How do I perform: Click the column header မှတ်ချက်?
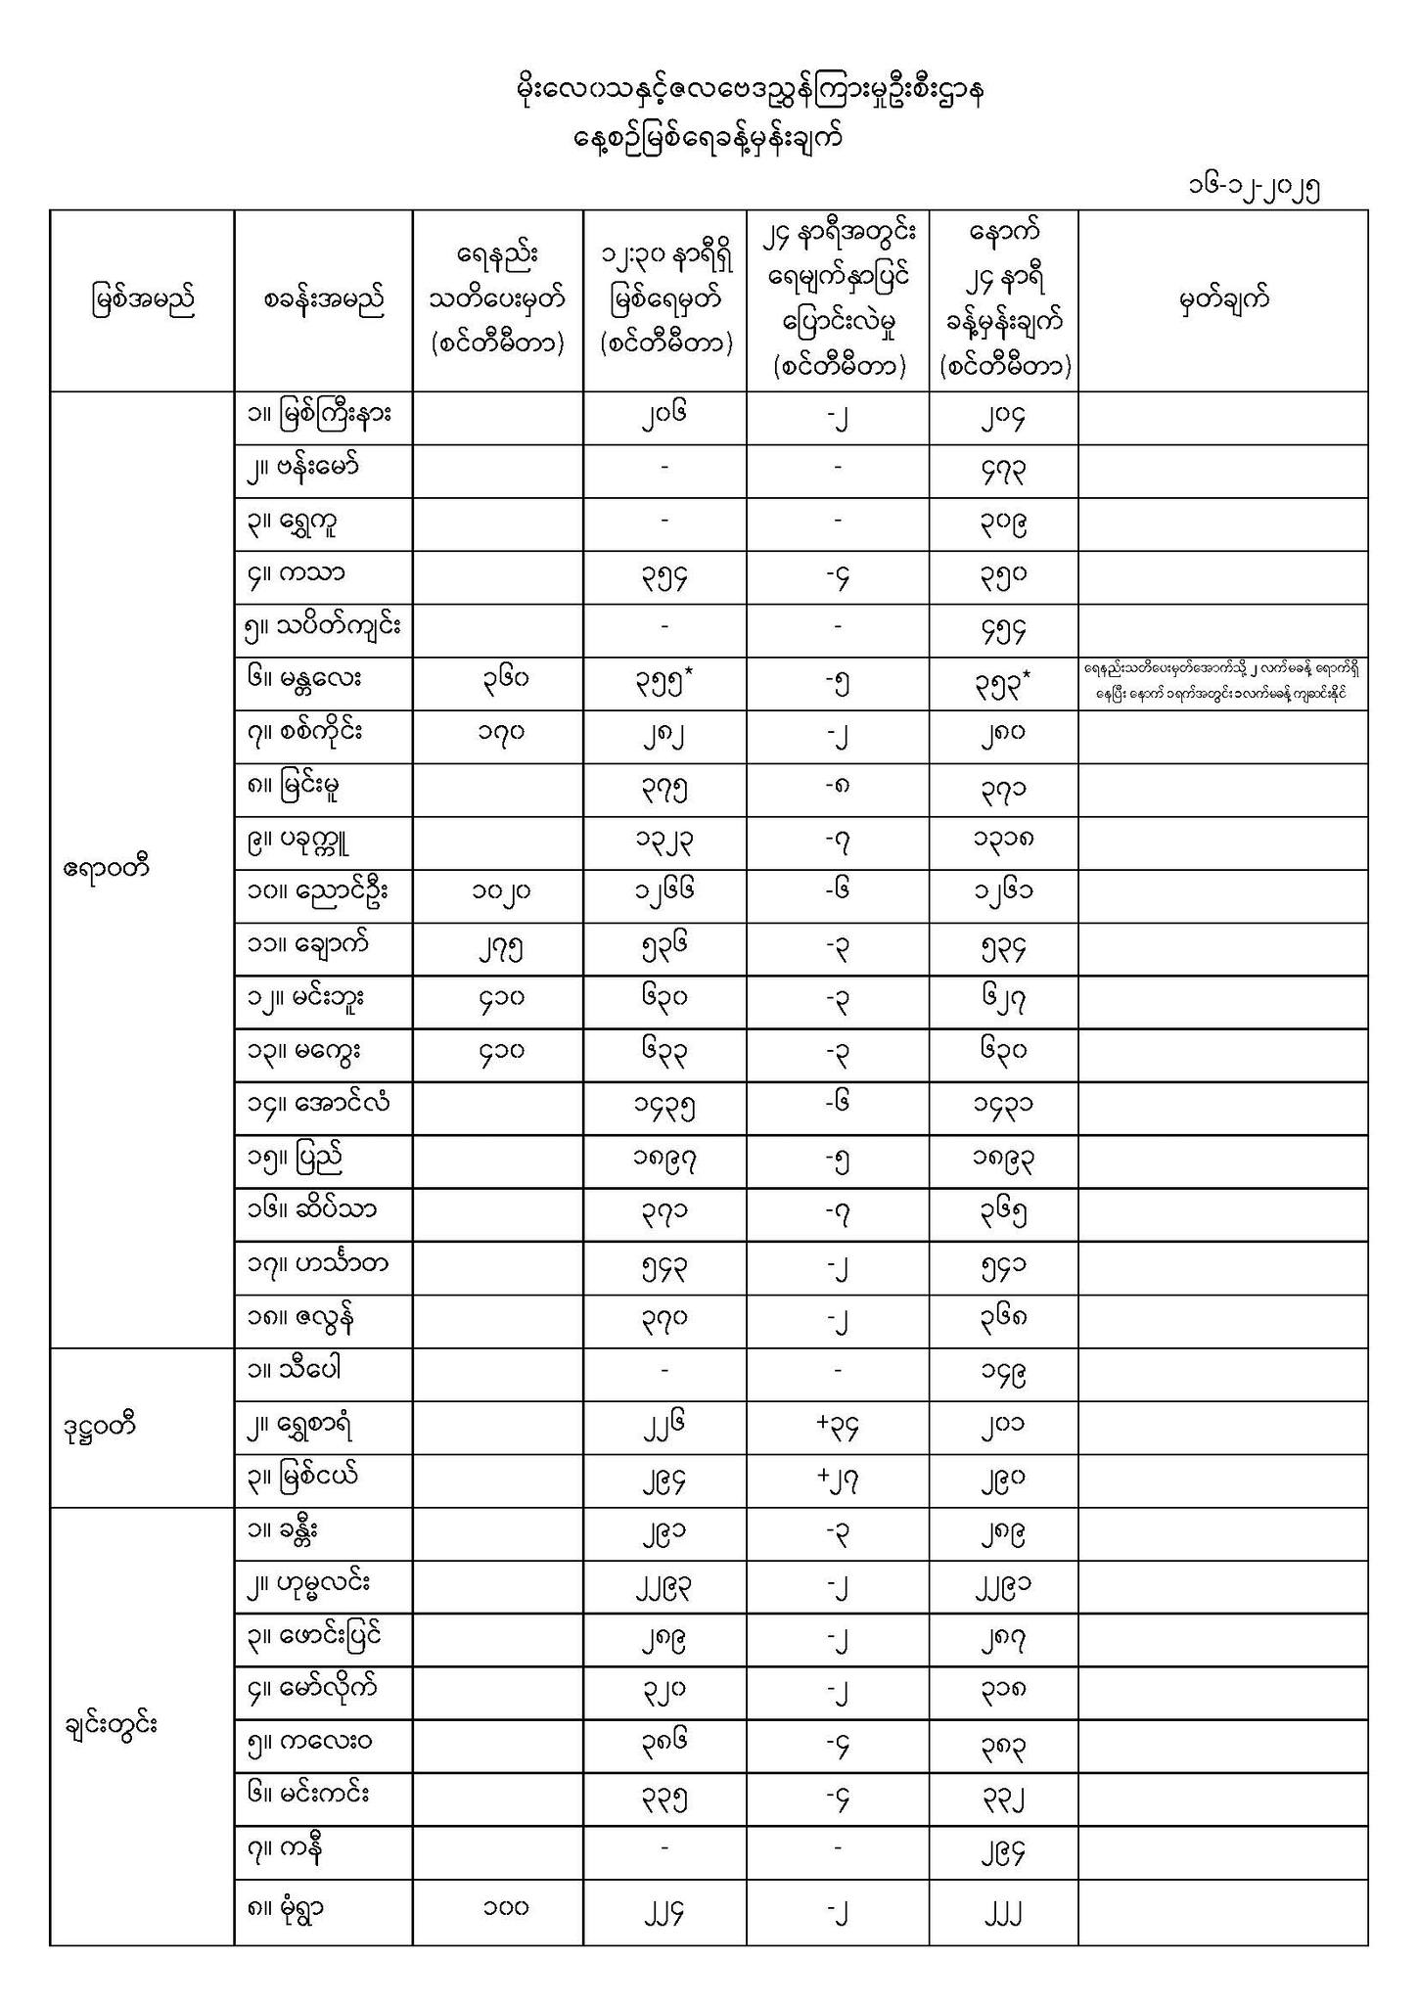click(x=1223, y=299)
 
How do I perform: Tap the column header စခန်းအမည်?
click(x=323, y=299)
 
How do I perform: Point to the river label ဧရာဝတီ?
click(x=106, y=867)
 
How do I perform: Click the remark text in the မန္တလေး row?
click(x=1223, y=681)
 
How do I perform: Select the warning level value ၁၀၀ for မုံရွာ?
click(x=497, y=1906)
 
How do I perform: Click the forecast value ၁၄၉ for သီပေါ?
click(x=1003, y=1374)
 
